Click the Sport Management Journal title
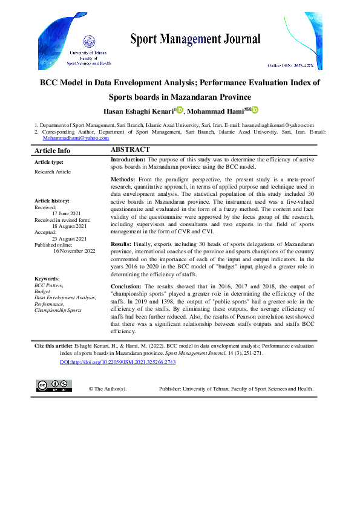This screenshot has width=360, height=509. click(195, 40)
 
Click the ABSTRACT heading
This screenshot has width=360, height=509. click(130, 149)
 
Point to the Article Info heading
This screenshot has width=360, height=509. click(52, 151)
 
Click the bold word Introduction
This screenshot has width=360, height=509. click(128, 159)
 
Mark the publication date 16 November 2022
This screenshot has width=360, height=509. click(74, 251)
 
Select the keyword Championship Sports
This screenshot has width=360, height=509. click(59, 310)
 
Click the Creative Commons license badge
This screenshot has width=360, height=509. click(54, 386)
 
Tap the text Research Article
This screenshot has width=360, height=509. click(53, 172)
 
